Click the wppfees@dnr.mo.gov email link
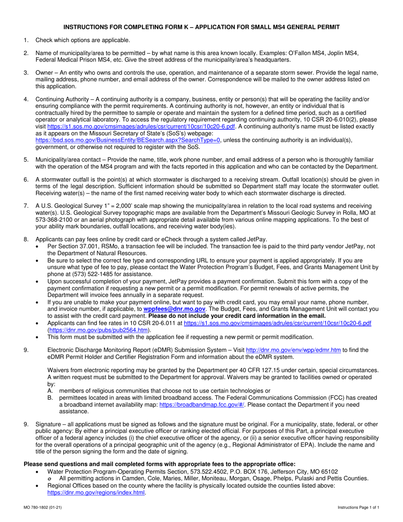click(x=174, y=309)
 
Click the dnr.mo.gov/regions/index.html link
click(x=96, y=492)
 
